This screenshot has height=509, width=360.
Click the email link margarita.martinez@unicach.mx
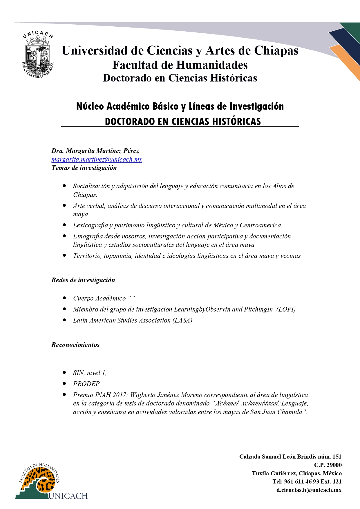97,160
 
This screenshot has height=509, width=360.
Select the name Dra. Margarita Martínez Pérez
95,151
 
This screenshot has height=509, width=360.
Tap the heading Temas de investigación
84,168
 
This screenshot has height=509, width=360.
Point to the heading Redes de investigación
83,280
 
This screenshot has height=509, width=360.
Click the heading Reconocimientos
75,345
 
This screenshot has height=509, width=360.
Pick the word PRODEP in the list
86,384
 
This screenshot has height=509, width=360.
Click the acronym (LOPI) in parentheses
286,309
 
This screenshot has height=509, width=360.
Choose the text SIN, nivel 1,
90,373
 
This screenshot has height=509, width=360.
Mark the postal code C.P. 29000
328,465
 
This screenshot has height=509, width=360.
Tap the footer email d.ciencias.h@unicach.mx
309,490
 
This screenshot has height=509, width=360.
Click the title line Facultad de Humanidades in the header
180,65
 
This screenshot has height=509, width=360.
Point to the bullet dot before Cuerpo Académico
64,298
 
